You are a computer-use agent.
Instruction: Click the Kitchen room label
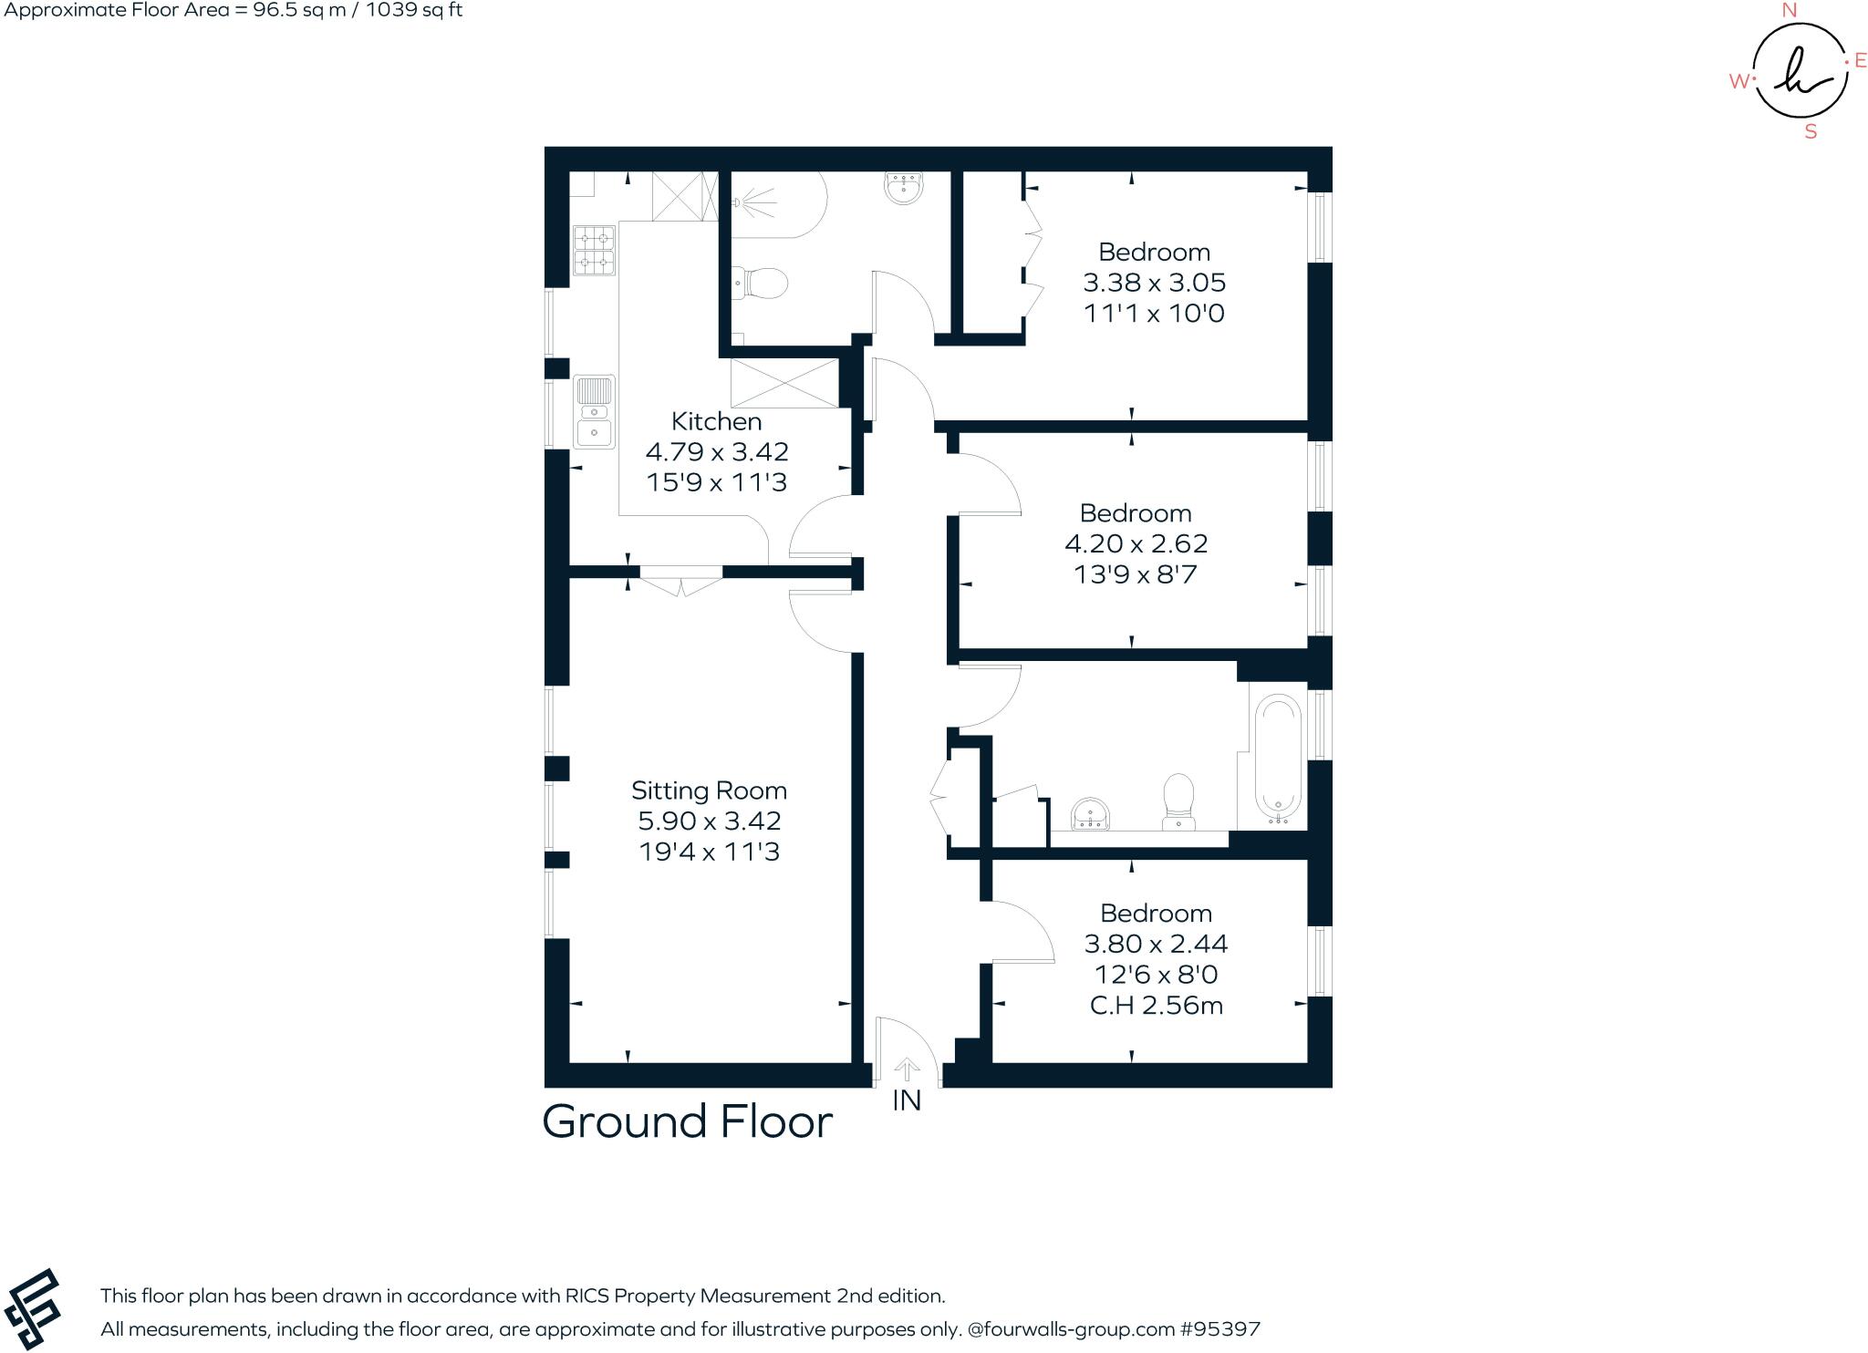716,421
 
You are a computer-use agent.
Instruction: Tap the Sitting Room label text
709,790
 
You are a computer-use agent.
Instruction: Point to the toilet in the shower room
761,284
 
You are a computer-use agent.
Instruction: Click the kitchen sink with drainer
594,412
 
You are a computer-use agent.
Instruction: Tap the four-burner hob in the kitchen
594,251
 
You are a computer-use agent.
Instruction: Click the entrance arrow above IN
906,1068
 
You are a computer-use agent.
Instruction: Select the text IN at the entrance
906,1100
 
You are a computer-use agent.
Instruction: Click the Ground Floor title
687,1121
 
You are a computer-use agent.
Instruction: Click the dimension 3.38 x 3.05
1154,283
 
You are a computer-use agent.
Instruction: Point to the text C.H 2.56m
1156,1006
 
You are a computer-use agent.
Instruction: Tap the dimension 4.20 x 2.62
1136,543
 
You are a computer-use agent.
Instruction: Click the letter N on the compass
1789,10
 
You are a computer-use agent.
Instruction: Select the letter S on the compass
1811,132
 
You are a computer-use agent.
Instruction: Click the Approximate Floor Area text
232,11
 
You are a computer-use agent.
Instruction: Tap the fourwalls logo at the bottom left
32,1308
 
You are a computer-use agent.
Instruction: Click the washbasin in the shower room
904,188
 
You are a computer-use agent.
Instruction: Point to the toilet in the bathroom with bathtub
1178,802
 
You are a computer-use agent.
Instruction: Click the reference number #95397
1219,1329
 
